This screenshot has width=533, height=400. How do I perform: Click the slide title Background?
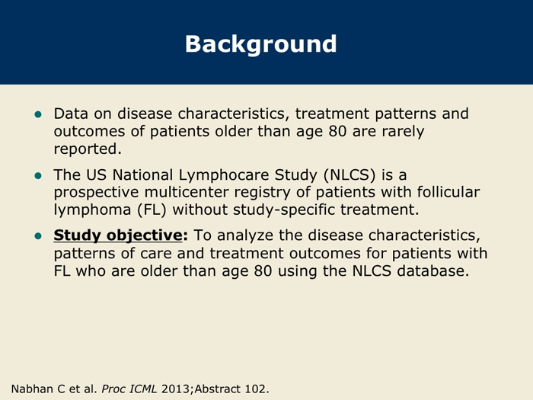260,44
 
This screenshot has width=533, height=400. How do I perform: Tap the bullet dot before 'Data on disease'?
38,114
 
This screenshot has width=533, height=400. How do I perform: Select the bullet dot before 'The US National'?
38,175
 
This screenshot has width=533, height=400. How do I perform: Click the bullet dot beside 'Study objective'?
38,235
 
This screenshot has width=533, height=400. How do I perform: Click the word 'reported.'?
88,149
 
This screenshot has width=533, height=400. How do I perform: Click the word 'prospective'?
96,193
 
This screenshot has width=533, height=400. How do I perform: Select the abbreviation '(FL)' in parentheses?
152,210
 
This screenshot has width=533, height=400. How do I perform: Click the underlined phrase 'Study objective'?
118,235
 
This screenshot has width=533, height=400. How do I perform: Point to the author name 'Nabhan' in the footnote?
28,389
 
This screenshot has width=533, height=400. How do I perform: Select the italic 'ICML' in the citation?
143,389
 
